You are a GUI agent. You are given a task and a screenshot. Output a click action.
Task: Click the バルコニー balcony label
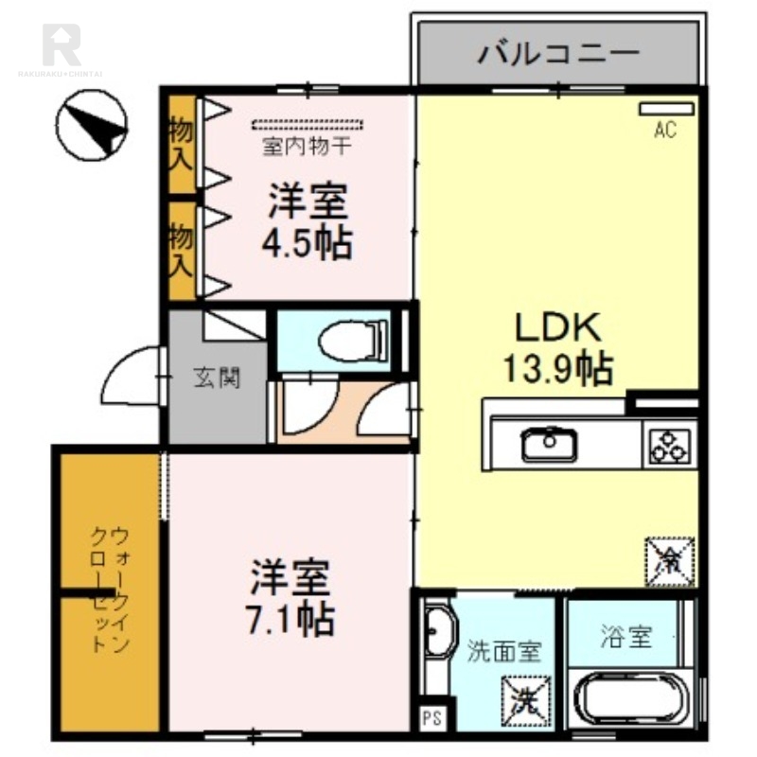(557, 52)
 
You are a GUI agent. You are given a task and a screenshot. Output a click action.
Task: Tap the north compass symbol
(92, 128)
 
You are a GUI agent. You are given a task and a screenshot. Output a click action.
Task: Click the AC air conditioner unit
(664, 110)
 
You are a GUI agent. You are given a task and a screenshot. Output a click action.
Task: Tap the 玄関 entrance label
(217, 378)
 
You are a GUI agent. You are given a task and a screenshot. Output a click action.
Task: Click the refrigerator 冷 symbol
(670, 560)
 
